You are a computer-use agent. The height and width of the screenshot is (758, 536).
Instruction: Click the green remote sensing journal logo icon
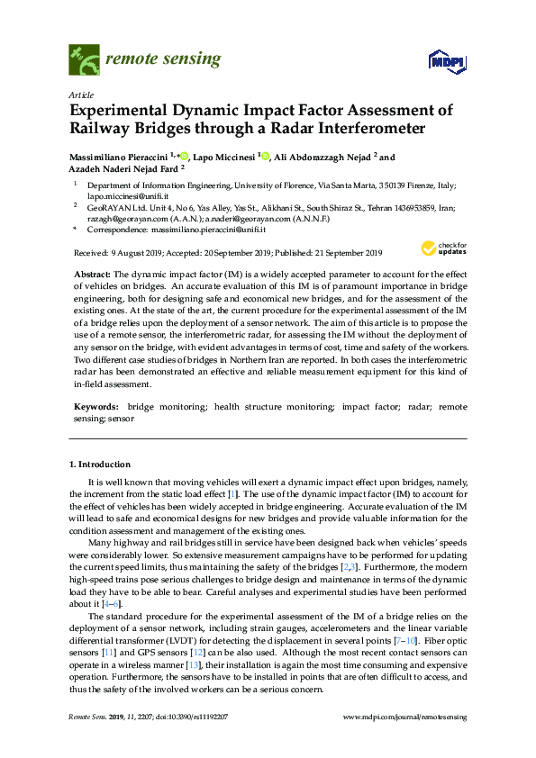click(x=85, y=60)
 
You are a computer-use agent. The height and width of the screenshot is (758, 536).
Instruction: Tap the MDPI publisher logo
click(x=446, y=61)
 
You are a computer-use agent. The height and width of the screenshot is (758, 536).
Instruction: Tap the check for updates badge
click(x=440, y=249)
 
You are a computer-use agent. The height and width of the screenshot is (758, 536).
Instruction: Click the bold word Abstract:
click(x=92, y=272)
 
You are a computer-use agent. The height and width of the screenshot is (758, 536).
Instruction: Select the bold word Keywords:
click(x=95, y=408)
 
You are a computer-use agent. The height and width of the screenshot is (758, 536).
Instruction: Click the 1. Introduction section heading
click(x=100, y=465)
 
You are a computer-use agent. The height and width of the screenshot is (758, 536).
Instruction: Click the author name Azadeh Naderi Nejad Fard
click(x=124, y=167)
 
